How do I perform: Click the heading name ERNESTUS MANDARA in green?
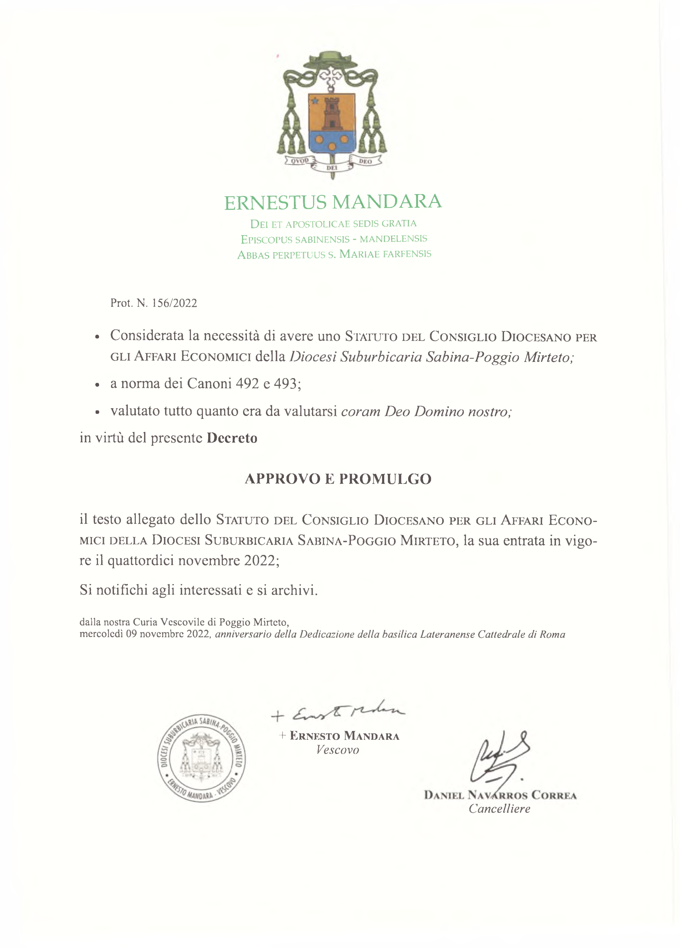pos(333,202)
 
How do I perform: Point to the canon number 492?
pos(247,383)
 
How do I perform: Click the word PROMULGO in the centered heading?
pos(385,479)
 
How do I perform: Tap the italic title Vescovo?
pos(338,750)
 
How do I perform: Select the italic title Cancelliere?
pos(499,808)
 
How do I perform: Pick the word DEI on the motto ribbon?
pos(331,167)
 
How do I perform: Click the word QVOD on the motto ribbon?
pos(300,161)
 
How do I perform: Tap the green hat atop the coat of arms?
pos(331,61)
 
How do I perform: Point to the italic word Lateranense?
pos(447,635)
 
